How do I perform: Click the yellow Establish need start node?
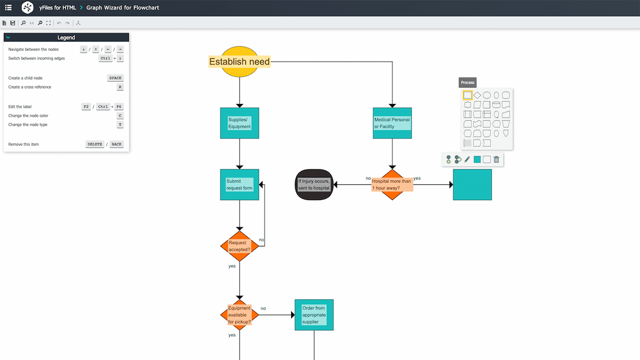click(239, 62)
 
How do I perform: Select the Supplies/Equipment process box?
click(239, 123)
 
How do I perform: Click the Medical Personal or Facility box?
click(392, 123)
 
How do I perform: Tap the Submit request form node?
click(239, 185)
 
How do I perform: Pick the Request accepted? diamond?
click(239, 246)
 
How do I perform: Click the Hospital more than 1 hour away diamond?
click(392, 185)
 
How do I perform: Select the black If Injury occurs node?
click(314, 185)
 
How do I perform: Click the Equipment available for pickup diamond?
click(239, 315)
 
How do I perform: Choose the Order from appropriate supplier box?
click(314, 315)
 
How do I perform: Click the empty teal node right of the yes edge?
click(472, 185)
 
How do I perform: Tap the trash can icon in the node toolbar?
click(496, 159)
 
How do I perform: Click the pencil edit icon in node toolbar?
click(467, 159)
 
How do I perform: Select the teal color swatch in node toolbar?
click(477, 159)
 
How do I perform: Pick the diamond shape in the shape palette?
click(477, 96)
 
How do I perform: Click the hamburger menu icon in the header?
click(8, 8)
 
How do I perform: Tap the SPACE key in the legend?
click(115, 78)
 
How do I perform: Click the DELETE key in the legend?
click(95, 144)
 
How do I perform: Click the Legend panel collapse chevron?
click(8, 37)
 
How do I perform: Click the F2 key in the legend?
click(86, 106)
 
